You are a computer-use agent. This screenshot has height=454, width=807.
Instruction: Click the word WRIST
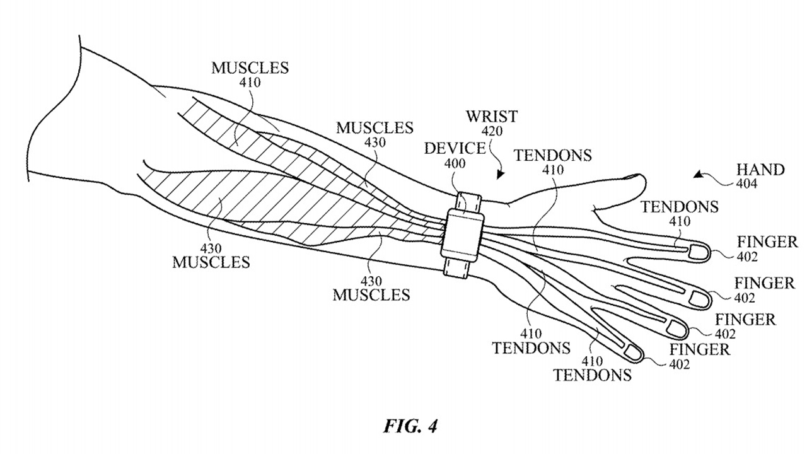point(492,117)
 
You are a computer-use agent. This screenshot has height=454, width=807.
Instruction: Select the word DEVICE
point(455,149)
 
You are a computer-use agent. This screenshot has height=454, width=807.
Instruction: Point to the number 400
point(455,164)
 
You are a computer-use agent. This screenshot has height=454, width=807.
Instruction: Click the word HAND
point(760,170)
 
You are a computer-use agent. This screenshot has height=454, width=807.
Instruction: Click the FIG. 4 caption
point(410,426)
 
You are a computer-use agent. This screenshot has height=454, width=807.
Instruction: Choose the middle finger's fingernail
point(700,298)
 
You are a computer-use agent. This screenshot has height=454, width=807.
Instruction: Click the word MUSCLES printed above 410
point(250,67)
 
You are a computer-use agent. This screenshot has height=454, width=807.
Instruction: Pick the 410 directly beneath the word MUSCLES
point(250,82)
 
